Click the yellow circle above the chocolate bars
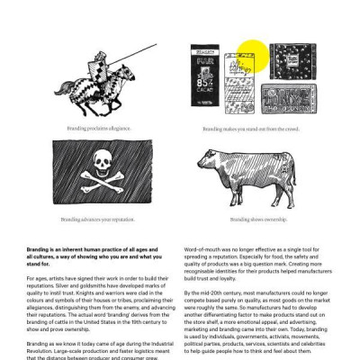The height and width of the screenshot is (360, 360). point(254,54)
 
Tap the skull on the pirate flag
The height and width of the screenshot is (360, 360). point(98,165)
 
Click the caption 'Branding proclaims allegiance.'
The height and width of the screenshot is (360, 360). point(98,129)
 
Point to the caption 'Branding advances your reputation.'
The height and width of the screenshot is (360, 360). point(98,219)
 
